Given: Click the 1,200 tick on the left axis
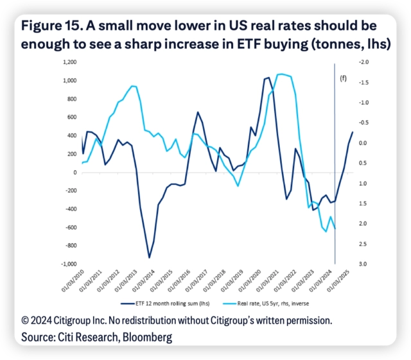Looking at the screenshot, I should pos(69,62).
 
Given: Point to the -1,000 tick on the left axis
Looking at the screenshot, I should pos(68,264).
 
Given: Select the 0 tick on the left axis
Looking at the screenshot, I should pos(74,173).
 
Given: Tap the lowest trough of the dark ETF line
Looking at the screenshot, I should pos(149,257).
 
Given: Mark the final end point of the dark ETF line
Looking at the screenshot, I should pos(353,132).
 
